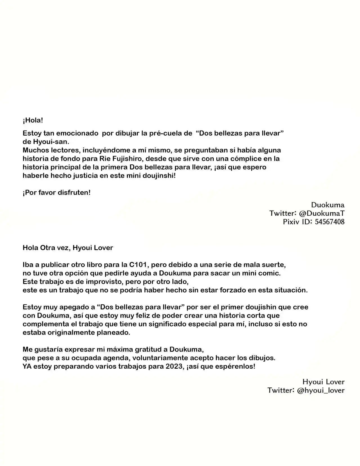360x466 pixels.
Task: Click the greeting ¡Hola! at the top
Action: [x=33, y=120]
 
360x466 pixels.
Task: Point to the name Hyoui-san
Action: [x=51, y=142]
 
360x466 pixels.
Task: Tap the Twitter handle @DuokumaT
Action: [x=322, y=213]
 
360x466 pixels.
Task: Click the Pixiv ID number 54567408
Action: [x=330, y=222]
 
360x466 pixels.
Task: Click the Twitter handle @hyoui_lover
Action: [x=321, y=390]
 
